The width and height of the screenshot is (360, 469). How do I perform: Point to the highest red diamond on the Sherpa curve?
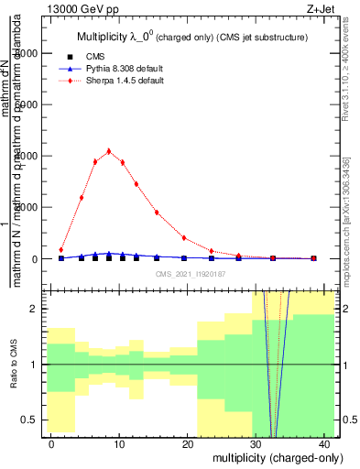click(109, 151)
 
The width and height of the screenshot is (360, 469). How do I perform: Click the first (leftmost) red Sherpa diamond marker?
click(61, 249)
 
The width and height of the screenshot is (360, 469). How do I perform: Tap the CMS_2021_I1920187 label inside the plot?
click(191, 274)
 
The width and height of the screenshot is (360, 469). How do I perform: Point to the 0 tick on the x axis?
click(54, 443)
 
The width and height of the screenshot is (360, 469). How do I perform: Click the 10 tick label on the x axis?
click(120, 443)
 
